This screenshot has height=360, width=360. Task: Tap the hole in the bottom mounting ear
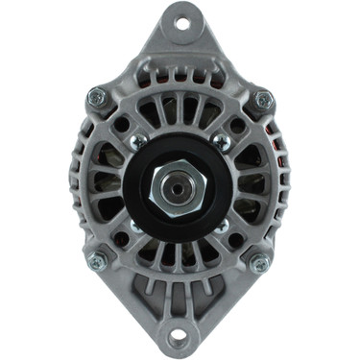(x=179, y=337)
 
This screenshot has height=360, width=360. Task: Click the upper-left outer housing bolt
(x=96, y=97)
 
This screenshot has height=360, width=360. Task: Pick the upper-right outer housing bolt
(x=263, y=99)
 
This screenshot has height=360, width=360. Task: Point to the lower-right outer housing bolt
(x=258, y=262)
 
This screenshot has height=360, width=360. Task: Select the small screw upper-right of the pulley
(x=222, y=143)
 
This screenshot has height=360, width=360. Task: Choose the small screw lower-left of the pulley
(x=135, y=228)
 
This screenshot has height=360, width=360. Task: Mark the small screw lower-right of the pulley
(x=222, y=228)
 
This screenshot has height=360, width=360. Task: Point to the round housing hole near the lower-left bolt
(x=121, y=238)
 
